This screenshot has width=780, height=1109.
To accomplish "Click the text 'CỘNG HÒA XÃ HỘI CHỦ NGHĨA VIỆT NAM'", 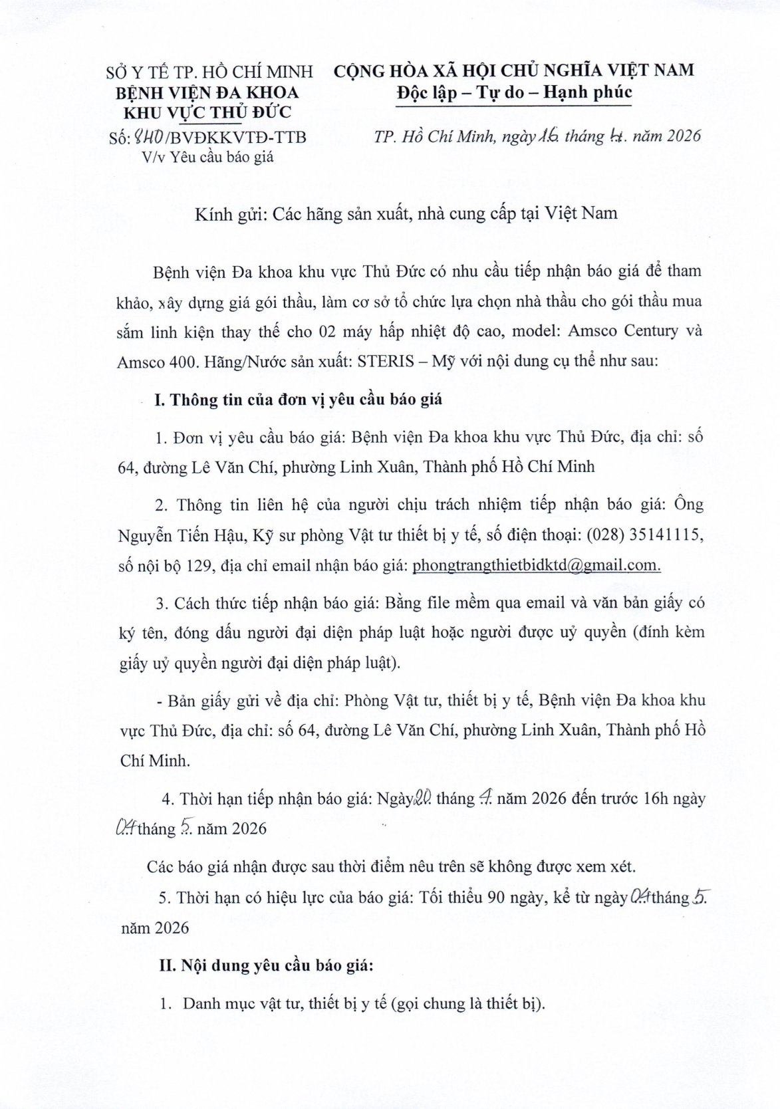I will [513, 70].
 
